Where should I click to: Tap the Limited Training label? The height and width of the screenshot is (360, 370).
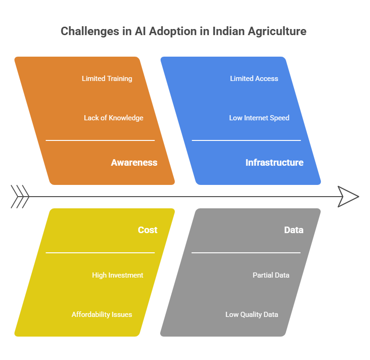[107, 79]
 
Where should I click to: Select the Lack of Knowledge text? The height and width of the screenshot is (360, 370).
[113, 118]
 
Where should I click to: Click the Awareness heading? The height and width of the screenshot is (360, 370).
[134, 162]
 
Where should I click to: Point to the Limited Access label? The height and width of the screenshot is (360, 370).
[254, 79]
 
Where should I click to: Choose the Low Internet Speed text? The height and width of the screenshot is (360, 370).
[259, 118]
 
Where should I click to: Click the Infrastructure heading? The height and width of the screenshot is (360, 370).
[274, 162]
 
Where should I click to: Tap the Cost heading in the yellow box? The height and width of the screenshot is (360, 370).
[148, 230]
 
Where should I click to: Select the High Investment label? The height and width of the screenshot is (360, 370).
[118, 275]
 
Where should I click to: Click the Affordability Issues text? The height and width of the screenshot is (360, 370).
[102, 315]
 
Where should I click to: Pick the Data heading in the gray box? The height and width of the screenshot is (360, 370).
[294, 230]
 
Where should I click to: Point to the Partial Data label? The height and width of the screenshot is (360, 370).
[271, 275]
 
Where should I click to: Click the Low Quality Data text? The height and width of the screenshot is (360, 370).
[252, 315]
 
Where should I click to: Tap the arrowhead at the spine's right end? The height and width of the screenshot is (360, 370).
[348, 197]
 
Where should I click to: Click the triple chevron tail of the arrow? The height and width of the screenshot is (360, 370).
[20, 197]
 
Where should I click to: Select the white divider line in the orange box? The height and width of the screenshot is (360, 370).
[100, 140]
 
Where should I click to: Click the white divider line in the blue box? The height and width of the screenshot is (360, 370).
[246, 140]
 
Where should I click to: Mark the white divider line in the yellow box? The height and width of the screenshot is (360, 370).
[100, 253]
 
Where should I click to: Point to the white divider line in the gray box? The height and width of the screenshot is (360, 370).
[246, 253]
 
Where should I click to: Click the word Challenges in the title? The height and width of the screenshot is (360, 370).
[90, 31]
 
